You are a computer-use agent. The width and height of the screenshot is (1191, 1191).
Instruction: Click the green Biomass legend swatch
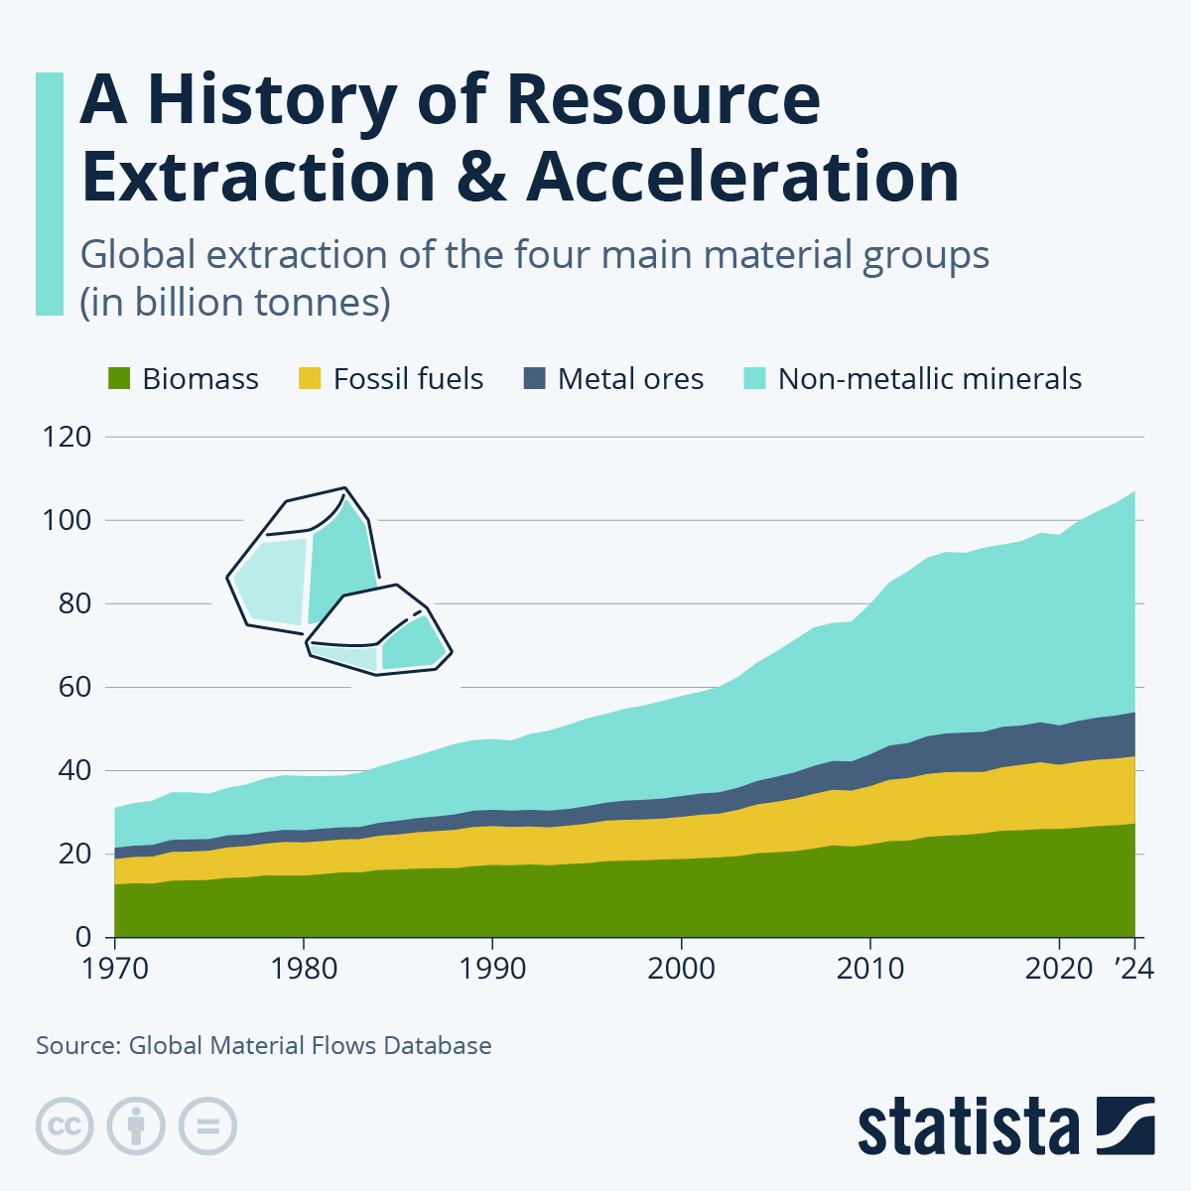[118, 379]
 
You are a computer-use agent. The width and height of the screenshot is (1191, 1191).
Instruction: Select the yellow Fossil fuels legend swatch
[311, 379]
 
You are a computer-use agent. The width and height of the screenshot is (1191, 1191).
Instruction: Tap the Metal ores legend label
[630, 379]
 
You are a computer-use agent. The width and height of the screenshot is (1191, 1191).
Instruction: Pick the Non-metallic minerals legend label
[929, 379]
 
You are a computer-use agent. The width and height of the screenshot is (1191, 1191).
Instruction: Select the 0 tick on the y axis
[83, 937]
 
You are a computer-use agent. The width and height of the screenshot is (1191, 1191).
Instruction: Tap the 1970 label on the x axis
[114, 968]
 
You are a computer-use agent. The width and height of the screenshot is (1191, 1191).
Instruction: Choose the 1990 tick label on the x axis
[492, 968]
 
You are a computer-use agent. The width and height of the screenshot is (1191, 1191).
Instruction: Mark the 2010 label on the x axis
[870, 968]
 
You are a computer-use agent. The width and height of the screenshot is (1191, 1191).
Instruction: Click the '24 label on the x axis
[1133, 968]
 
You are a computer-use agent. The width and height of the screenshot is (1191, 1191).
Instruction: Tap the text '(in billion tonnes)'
[235, 302]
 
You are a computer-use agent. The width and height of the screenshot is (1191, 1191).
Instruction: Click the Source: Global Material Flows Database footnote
[264, 1045]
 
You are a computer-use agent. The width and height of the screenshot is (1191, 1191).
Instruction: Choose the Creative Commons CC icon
[65, 1126]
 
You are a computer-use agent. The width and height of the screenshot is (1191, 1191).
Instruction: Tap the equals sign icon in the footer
[207, 1126]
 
